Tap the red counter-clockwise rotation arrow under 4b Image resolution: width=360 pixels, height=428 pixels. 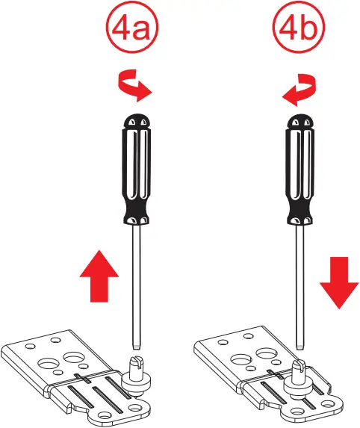click(x=298, y=88)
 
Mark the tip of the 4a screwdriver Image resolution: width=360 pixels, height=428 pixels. click(x=136, y=346)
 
